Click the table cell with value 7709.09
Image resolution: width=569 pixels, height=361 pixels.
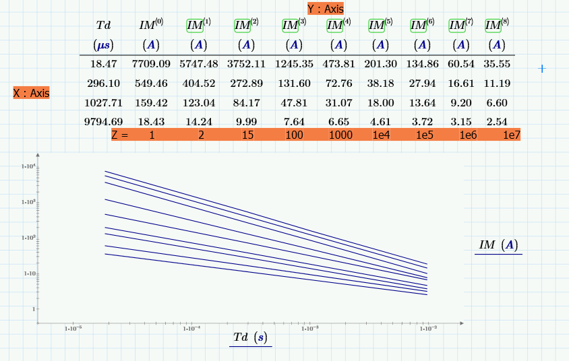tap(151, 64)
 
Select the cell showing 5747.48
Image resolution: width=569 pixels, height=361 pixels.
tap(199, 64)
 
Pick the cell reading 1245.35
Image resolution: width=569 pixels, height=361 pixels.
tap(293, 64)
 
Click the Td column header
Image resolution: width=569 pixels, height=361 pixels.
tap(104, 26)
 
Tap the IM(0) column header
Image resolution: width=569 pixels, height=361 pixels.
tap(151, 26)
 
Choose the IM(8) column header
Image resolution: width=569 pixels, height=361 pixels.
tap(497, 26)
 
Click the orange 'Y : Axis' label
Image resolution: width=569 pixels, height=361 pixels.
tap(326, 9)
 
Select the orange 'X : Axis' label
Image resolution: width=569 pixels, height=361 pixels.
tap(31, 93)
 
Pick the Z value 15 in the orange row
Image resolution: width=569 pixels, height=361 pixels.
tap(247, 135)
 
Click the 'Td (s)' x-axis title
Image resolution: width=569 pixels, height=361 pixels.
tap(250, 337)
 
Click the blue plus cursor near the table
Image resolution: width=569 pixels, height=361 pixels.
tap(541, 69)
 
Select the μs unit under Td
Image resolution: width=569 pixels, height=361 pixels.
tap(104, 45)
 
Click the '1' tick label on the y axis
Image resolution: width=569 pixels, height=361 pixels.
tap(33, 309)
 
